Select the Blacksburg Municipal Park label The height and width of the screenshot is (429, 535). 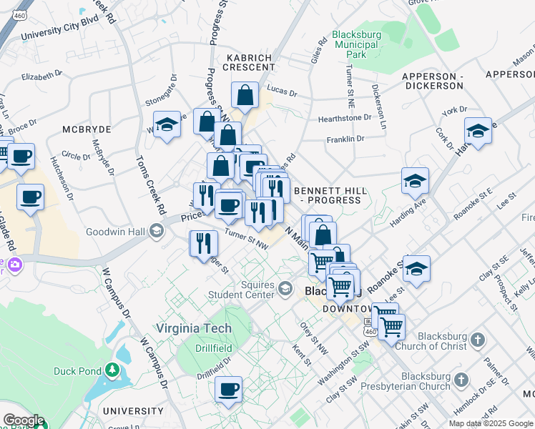point(356,44)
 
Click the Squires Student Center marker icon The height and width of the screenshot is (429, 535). point(285,288)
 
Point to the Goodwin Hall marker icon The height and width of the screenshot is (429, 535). point(157,232)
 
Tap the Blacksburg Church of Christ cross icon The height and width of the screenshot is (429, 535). point(478,339)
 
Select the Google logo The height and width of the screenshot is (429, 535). point(23,420)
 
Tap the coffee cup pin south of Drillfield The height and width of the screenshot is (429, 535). point(229,389)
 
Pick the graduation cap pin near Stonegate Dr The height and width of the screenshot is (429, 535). point(167,124)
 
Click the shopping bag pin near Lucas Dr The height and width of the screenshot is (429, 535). point(245,94)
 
